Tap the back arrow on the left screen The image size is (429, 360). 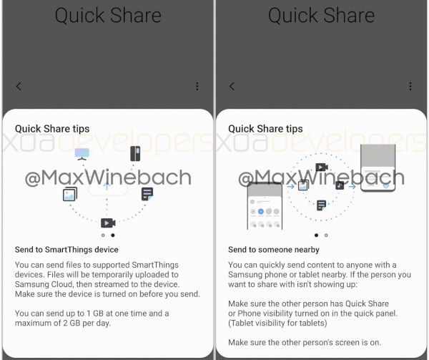19,86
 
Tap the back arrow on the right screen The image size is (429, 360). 232,86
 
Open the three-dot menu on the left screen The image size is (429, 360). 197,86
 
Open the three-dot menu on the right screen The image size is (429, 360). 410,86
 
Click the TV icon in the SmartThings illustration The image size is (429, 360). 82,154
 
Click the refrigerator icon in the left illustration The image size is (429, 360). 135,154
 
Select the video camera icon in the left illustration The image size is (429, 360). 108,223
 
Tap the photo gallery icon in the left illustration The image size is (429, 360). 70,194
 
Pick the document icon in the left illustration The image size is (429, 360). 147,194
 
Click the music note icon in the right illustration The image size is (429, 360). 340,185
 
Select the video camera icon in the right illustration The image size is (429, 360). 322,167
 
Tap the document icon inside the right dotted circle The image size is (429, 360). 321,205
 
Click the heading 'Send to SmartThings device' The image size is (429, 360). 66,250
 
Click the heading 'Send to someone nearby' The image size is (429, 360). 274,250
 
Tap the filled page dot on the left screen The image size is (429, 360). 113,235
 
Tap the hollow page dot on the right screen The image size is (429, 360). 326,235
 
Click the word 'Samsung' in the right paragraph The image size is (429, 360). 245,275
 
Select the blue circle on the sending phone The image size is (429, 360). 261,211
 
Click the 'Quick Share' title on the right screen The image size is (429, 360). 321,15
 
